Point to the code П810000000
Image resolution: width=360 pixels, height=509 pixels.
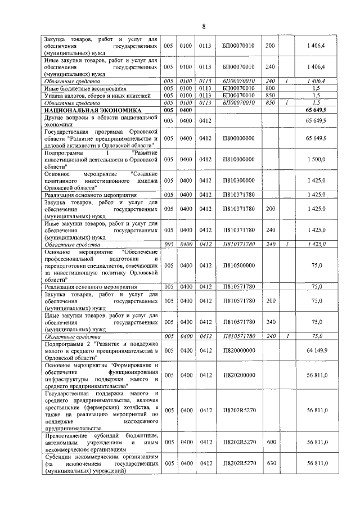238,160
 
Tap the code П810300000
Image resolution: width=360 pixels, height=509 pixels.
238,181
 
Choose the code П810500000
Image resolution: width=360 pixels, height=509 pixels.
238,265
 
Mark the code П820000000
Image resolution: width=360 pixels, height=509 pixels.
238,350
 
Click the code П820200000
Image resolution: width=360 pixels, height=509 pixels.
238,375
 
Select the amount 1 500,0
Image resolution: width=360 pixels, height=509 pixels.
316,160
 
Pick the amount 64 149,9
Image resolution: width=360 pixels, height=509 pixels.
316,350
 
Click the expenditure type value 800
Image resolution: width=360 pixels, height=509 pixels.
270,88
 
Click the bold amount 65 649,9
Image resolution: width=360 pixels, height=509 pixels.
316,111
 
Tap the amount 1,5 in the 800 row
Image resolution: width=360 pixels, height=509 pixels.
316,88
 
